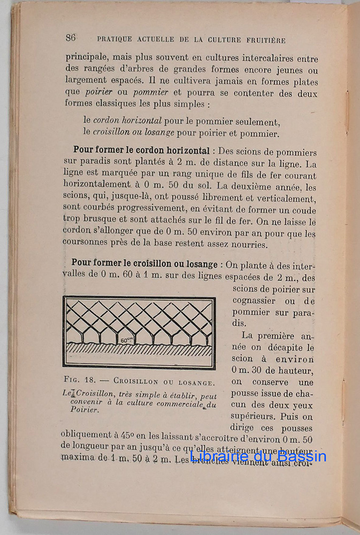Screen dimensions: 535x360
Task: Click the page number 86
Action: (x=71, y=37)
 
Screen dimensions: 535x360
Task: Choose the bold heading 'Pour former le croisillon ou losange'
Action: (x=144, y=264)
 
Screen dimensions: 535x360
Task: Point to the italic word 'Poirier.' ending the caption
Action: (x=85, y=410)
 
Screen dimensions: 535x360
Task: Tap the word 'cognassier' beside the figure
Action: (x=254, y=301)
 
